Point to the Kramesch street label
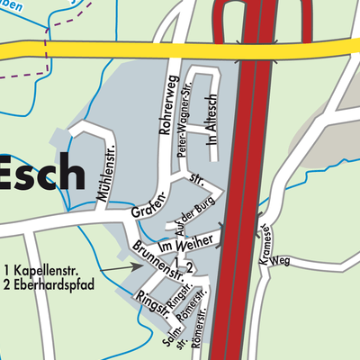(267, 241)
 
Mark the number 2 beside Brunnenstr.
(189, 267)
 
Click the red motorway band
(245, 180)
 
